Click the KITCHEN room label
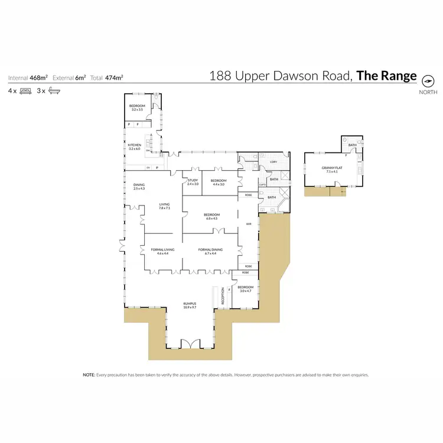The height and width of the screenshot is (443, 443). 135,145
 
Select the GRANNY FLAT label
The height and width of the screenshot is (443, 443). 331,168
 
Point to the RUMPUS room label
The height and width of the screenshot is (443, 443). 189,305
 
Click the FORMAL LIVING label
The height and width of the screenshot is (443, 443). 159,250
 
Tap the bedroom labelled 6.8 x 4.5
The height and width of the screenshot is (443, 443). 211,214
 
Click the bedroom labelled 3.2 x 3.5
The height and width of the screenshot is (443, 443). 137,106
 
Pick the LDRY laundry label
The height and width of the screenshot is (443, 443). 273,161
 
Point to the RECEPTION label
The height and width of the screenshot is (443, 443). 223,296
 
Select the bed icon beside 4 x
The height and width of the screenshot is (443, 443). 25,91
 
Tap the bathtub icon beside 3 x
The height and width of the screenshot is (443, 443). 54,91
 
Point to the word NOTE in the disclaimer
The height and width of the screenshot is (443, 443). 89,374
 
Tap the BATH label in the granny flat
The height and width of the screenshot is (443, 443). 352,145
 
